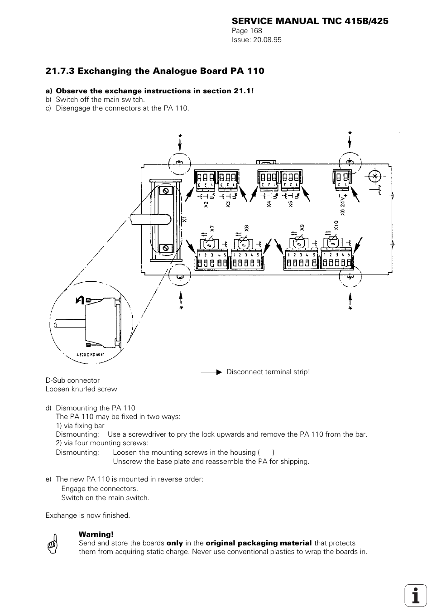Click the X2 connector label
coord(206,204)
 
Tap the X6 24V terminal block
coord(341,179)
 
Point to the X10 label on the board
coord(336,225)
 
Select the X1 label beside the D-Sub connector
coord(185,219)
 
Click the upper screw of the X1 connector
coord(166,192)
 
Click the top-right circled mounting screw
coord(350,162)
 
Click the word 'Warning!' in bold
coord(96,534)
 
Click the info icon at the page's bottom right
coord(415,594)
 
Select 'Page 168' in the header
coord(247,31)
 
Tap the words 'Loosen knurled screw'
coord(81,389)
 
